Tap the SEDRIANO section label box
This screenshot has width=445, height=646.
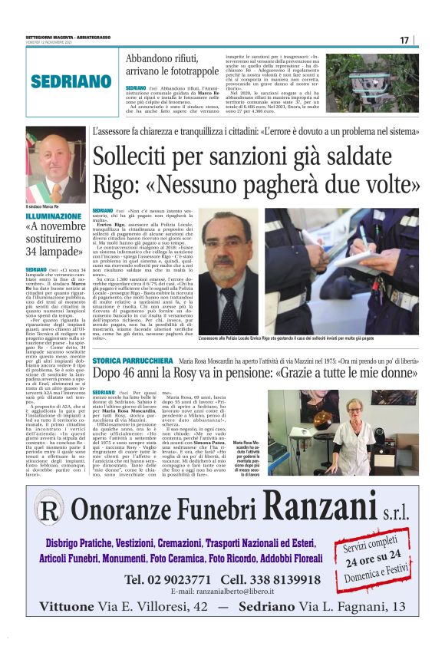(72, 81)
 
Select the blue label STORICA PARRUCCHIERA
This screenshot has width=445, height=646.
(132, 360)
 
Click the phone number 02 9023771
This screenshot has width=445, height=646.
(168, 578)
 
